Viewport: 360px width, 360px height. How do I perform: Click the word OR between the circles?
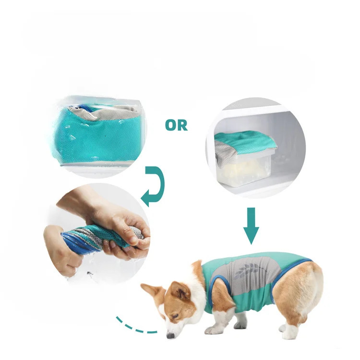176,126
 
